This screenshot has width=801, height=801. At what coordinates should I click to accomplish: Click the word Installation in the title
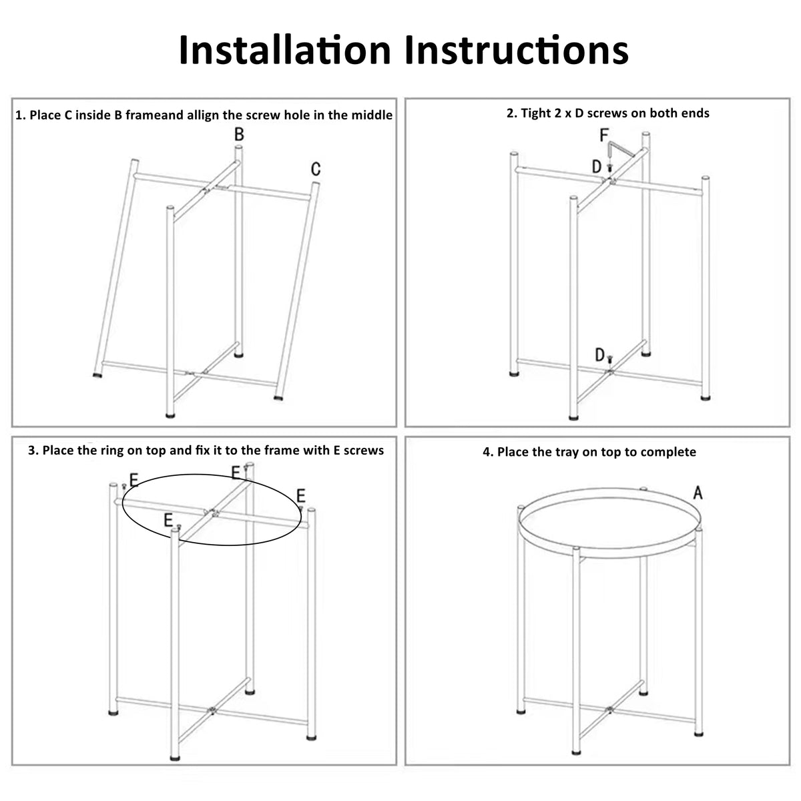point(284,50)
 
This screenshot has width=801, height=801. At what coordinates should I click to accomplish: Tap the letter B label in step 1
point(239,135)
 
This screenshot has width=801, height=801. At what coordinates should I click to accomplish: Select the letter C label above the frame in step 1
point(316,170)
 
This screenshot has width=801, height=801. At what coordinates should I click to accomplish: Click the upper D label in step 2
point(597,167)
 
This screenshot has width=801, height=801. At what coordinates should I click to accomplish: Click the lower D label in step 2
point(600,355)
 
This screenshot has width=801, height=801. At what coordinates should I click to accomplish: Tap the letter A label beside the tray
point(698,493)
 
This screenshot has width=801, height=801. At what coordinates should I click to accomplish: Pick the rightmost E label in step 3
point(301,495)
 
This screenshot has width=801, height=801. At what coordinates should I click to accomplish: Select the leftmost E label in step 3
point(133,480)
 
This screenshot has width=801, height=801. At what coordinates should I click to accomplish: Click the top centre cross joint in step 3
point(214,513)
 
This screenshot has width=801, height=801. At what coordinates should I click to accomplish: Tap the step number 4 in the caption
point(487,452)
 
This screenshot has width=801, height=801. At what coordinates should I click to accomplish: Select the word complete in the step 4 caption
point(667,452)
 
